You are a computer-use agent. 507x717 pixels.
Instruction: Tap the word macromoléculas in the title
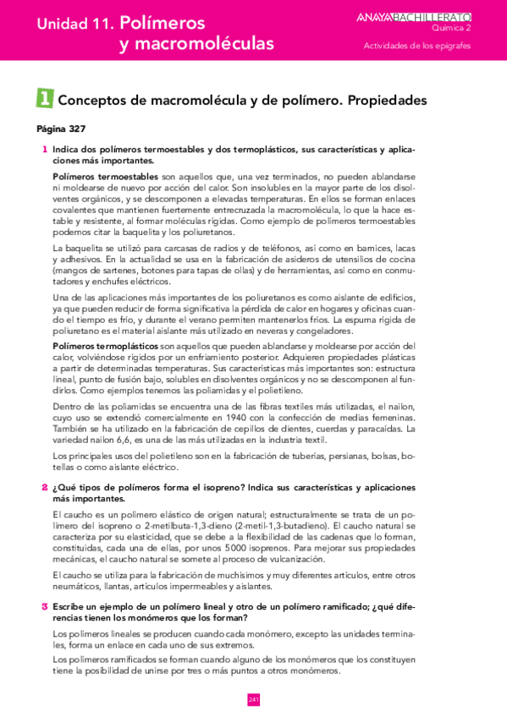point(196,44)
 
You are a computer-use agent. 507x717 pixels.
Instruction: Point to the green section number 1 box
point(44,99)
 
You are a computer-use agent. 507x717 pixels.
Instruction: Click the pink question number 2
point(44,488)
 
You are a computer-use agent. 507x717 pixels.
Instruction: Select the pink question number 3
point(44,606)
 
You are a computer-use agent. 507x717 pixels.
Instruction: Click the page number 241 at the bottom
point(253,699)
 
